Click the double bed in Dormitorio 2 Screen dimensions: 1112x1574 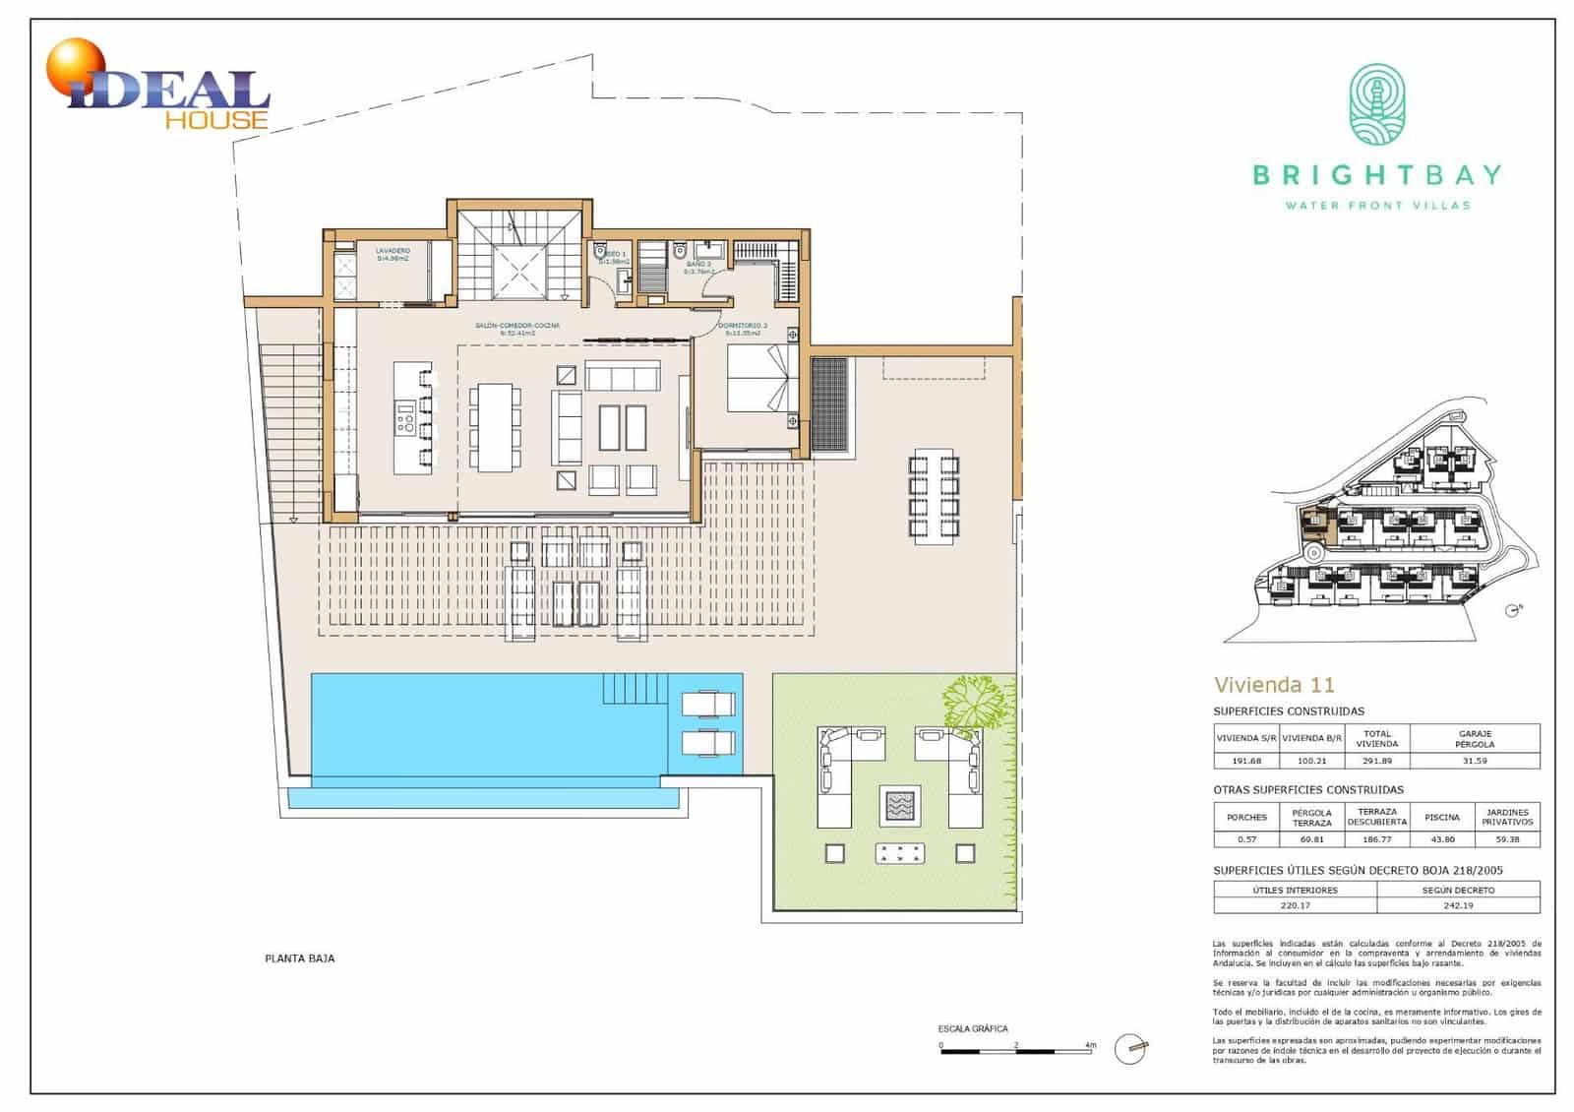757,380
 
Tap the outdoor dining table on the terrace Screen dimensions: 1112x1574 934,496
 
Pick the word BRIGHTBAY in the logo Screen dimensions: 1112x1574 1376,176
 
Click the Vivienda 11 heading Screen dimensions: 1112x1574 1273,685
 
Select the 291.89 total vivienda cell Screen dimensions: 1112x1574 1376,761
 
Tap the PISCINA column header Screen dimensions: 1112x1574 1441,817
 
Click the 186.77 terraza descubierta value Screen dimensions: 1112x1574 1376,839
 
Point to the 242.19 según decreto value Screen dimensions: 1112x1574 1458,905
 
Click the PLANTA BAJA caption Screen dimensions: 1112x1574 300,958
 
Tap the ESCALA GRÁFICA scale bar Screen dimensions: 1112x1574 1017,1052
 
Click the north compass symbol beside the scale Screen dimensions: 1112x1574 1131,1049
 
